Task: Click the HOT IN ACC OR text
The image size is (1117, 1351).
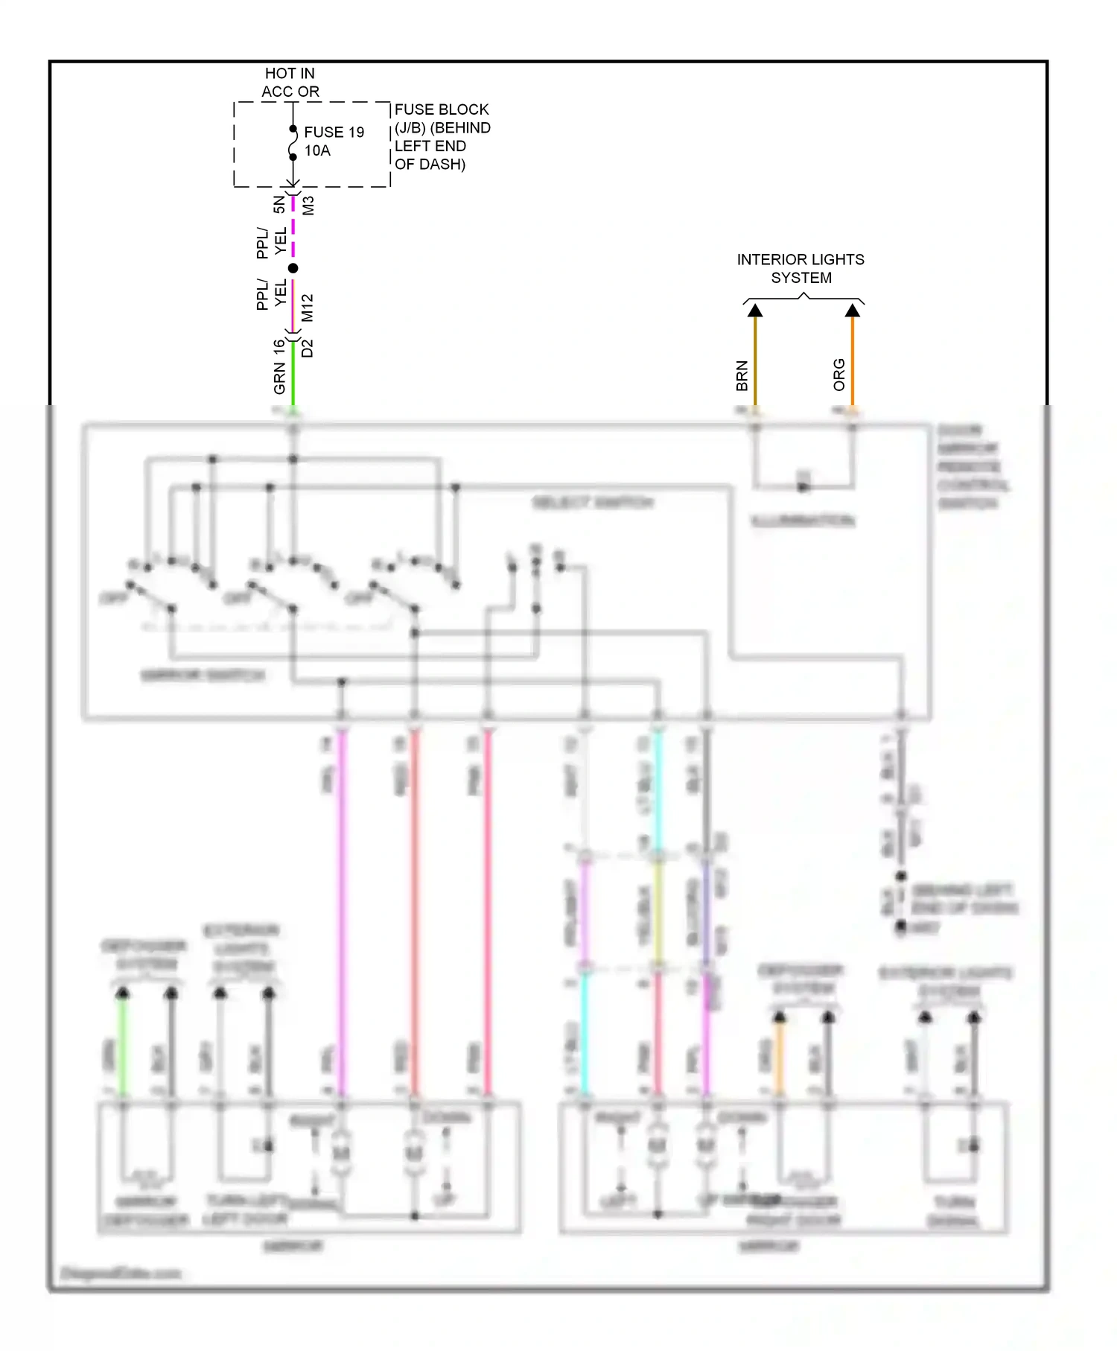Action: click(x=290, y=82)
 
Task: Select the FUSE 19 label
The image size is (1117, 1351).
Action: click(x=334, y=132)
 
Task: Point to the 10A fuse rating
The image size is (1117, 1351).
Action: click(x=317, y=150)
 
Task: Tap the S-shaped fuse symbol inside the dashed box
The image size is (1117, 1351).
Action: click(x=293, y=143)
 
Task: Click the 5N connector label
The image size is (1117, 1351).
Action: click(x=279, y=204)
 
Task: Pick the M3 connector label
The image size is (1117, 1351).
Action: click(x=308, y=205)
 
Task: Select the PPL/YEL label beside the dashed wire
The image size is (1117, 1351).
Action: click(x=271, y=242)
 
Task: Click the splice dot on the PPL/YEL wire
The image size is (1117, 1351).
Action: click(x=293, y=268)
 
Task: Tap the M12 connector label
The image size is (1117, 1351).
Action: click(x=308, y=308)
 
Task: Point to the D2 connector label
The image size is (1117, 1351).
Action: click(x=308, y=348)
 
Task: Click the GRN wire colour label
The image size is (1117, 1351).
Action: click(x=279, y=378)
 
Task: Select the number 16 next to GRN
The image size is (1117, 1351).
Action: click(x=279, y=347)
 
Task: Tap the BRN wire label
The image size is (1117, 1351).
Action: click(x=742, y=376)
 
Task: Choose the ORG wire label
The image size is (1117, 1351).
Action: click(x=839, y=375)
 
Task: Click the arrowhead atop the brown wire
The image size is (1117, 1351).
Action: click(x=755, y=311)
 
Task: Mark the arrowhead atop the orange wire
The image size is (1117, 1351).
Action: click(x=853, y=311)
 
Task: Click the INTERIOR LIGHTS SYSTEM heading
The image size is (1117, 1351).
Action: click(x=801, y=268)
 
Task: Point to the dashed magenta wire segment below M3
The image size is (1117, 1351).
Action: click(x=293, y=227)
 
